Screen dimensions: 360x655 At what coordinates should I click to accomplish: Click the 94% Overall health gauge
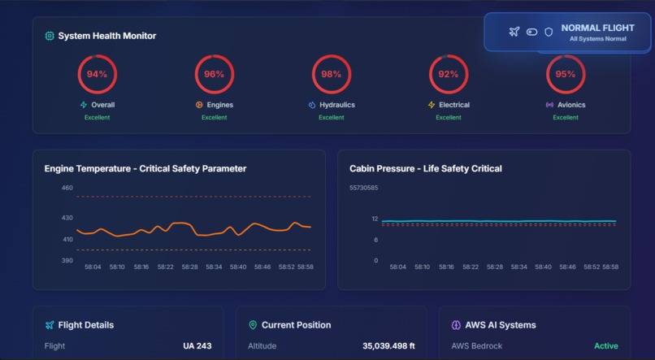[x=98, y=75]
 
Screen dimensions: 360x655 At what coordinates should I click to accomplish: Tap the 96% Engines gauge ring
[x=215, y=75]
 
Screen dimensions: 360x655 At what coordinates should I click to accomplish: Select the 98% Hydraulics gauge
[x=332, y=75]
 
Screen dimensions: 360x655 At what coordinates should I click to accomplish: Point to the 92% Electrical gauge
[x=449, y=75]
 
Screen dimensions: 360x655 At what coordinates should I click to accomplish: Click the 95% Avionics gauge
[x=566, y=75]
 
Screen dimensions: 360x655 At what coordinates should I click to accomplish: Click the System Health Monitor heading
[x=107, y=36]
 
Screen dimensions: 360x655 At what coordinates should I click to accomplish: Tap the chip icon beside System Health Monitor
[x=50, y=36]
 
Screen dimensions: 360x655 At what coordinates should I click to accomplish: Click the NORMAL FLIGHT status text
[x=597, y=28]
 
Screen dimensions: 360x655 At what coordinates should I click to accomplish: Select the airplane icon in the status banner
[x=514, y=32]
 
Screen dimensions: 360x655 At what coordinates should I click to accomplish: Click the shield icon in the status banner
[x=549, y=32]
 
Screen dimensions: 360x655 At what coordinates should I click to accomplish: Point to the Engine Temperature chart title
[x=145, y=169]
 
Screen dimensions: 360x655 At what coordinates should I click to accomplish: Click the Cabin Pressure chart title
[x=426, y=169]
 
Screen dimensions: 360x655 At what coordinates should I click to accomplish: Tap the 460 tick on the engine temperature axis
[x=67, y=188]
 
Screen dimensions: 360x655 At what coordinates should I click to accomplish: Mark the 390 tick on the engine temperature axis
[x=67, y=261]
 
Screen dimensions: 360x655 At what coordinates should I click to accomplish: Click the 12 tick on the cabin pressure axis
[x=375, y=219]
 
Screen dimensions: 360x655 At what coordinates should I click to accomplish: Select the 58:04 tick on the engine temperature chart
[x=93, y=267]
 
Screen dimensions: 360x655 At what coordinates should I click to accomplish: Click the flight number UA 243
[x=197, y=346]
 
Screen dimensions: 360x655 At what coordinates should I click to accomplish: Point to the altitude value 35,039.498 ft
[x=388, y=346]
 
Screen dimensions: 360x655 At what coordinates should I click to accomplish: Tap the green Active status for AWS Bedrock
[x=605, y=346]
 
